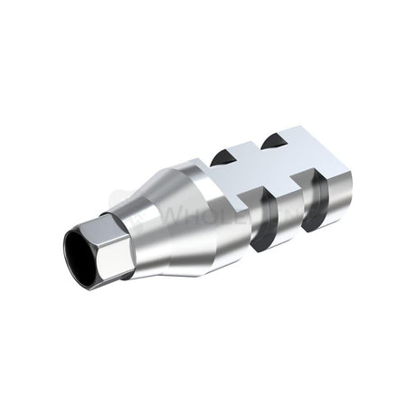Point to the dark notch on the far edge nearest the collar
pos(222,156)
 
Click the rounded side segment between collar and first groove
pos(237,213)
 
